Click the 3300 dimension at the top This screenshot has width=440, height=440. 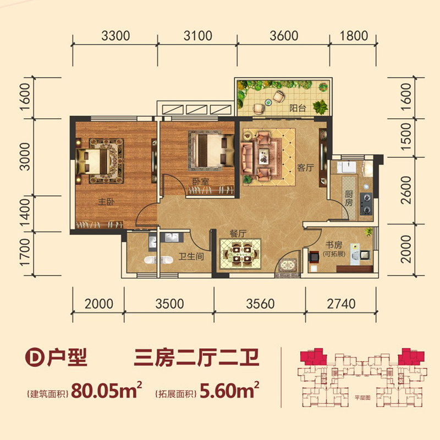116,36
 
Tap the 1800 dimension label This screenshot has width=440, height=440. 354,36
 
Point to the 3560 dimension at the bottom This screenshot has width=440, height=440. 260,304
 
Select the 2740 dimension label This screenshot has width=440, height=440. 341,304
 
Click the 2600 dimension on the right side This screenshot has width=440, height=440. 406,190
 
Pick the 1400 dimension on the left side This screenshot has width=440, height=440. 25,213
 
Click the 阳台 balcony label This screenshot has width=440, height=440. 298,108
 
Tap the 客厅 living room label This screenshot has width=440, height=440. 305,168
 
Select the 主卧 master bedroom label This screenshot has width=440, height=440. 106,201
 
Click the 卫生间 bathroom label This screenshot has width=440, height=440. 191,256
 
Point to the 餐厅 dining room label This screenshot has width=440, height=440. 238,233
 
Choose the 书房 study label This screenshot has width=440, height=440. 334,245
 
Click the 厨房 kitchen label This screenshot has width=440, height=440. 349,199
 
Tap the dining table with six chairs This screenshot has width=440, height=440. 240,253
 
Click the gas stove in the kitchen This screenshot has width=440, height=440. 366,204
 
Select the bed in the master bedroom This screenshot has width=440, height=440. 92,161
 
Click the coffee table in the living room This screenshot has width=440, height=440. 263,156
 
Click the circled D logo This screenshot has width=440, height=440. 35,357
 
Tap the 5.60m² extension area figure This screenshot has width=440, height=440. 229,390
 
